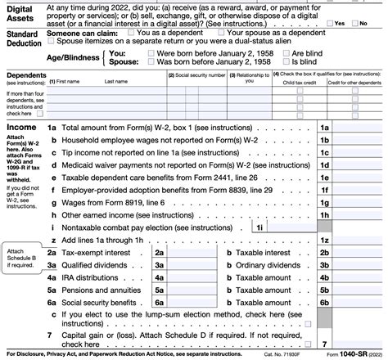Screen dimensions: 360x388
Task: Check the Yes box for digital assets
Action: point(329,24)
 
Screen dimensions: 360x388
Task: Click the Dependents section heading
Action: point(27,74)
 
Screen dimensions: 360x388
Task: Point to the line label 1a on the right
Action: point(324,129)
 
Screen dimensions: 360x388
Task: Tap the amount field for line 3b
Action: point(358,267)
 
